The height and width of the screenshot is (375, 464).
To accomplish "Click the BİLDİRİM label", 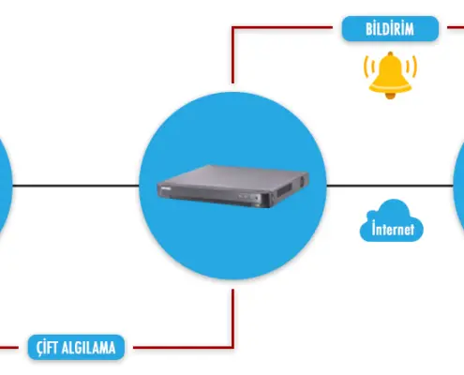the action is click(390, 29).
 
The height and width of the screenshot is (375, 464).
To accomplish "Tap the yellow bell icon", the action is click(390, 75).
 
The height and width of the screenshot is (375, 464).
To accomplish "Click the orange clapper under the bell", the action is click(390, 96).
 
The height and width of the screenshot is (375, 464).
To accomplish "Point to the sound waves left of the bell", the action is click(369, 67).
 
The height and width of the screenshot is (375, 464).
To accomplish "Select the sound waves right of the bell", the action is click(412, 67).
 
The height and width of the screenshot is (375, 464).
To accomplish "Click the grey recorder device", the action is click(232, 187).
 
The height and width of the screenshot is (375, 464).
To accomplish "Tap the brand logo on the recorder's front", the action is click(165, 188).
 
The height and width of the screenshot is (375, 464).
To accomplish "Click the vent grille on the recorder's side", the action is click(284, 189).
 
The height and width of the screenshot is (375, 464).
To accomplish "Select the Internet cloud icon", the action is click(392, 220).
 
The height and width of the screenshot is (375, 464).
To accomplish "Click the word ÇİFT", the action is click(47, 348).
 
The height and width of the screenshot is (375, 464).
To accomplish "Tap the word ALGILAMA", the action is click(88, 348).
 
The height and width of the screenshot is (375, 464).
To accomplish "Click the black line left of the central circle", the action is click(76, 186).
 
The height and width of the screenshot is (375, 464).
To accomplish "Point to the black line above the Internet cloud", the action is click(390, 186).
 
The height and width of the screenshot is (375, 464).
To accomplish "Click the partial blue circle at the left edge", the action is click(6, 186).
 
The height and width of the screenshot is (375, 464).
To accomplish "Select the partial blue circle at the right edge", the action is click(458, 186).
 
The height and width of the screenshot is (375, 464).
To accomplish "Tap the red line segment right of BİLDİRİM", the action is click(456, 28).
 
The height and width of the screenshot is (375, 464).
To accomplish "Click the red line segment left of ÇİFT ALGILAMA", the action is click(9, 347).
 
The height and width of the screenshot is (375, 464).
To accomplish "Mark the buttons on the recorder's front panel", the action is click(249, 197).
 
